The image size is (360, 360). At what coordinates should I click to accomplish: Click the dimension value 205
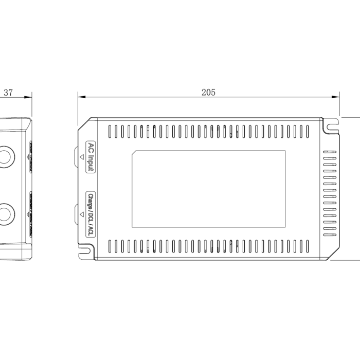pyautogui.click(x=208, y=93)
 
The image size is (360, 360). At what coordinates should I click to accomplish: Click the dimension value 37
pyautogui.click(x=8, y=93)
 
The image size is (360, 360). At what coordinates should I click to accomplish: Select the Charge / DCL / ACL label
pyautogui.click(x=91, y=214)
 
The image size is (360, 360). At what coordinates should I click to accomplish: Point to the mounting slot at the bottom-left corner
pyautogui.click(x=86, y=251)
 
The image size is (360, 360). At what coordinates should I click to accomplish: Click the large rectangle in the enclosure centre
pyautogui.click(x=209, y=189)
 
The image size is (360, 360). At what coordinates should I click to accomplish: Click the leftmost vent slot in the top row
pyautogui.click(x=110, y=131)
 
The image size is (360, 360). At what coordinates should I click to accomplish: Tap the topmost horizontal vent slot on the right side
pyautogui.click(x=330, y=152)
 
